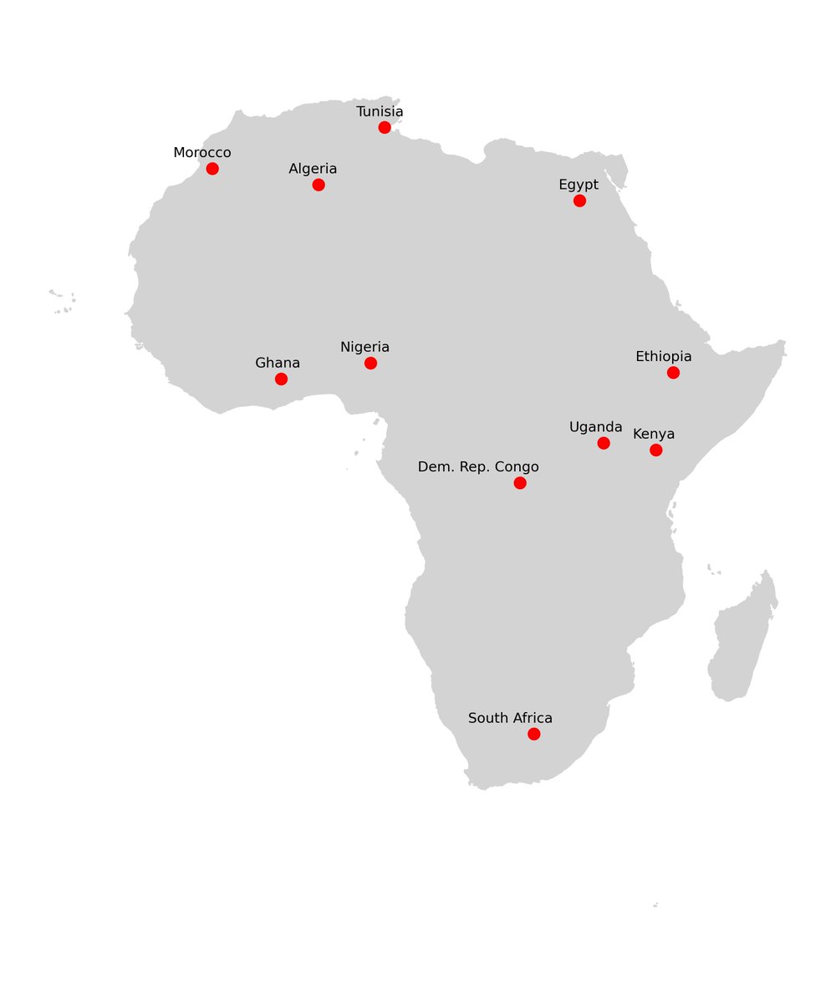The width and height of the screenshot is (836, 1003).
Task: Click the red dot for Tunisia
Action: click(385, 127)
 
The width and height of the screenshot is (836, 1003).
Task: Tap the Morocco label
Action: click(202, 153)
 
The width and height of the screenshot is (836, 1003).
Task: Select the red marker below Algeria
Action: click(319, 185)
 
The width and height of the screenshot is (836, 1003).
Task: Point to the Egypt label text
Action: click(579, 185)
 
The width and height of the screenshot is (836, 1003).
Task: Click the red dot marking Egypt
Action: click(579, 201)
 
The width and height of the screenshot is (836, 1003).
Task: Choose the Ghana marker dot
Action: click(281, 379)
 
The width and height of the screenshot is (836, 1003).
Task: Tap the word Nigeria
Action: click(364, 347)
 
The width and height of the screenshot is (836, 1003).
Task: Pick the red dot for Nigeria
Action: click(370, 363)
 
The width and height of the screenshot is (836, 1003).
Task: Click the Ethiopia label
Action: click(664, 357)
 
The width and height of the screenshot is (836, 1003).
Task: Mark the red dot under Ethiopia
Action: click(673, 373)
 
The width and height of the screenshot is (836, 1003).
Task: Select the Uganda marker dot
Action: click(604, 443)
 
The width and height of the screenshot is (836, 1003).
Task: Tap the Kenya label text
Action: click(654, 435)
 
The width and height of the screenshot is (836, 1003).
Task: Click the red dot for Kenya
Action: click(656, 451)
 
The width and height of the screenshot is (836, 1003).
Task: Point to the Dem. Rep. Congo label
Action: click(478, 467)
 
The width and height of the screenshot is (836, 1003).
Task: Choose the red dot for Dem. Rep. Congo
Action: click(520, 483)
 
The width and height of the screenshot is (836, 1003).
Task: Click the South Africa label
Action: click(510, 718)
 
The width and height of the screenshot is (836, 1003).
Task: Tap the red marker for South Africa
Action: click(534, 734)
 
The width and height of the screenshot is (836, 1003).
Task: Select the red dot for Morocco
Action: click(212, 169)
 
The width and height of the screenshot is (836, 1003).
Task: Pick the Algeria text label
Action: click(313, 169)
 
